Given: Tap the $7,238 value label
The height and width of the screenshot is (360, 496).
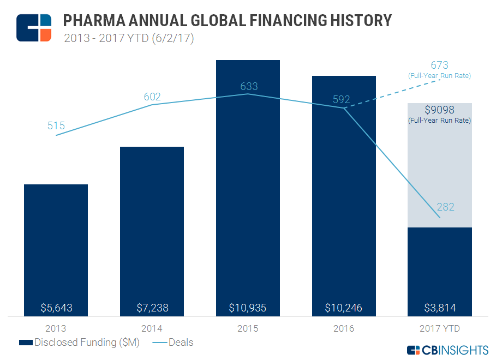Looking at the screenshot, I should click(x=152, y=308).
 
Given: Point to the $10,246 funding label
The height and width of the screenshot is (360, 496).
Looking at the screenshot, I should click(x=344, y=308).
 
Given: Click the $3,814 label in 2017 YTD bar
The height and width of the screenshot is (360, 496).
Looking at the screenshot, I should click(x=439, y=308).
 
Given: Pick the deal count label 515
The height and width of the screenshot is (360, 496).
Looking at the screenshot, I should click(x=56, y=126).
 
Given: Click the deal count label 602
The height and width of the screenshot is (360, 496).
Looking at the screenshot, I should click(x=152, y=97).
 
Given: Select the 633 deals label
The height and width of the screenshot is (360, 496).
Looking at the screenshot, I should click(x=249, y=86).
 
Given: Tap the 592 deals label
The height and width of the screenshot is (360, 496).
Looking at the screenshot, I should click(x=341, y=100).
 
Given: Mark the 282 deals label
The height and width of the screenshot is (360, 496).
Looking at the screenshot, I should click(x=445, y=207).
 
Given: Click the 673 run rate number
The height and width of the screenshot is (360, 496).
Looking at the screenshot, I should click(x=439, y=66).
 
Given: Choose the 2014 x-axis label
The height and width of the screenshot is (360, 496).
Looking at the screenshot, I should click(x=152, y=328).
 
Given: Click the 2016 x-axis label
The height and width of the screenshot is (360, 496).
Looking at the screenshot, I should click(x=344, y=328).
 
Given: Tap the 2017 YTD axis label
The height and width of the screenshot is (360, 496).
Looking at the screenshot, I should click(x=439, y=328).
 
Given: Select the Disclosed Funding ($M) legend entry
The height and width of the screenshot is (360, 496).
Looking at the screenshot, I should click(x=79, y=343).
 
